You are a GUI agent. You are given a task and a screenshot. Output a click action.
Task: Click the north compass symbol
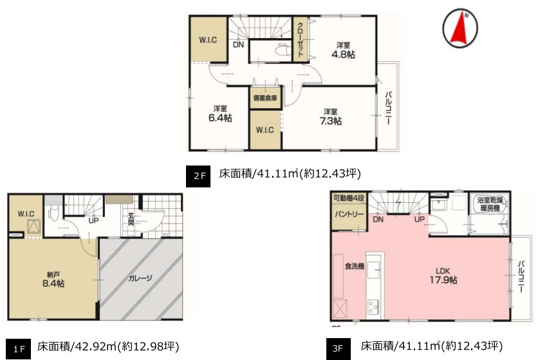pyautogui.click(x=460, y=28)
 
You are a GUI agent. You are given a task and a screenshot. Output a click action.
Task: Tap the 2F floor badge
pyautogui.click(x=198, y=176)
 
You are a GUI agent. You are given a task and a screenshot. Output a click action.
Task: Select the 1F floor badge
pyautogui.click(x=19, y=349)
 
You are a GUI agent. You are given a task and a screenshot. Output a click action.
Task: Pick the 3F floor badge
pyautogui.click(x=339, y=348)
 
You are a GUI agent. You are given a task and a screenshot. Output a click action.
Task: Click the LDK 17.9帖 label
pyautogui.click(x=443, y=276)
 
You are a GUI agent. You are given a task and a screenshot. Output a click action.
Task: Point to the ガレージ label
pyautogui.click(x=140, y=278)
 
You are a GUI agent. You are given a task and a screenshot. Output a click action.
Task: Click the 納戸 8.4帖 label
pyautogui.click(x=53, y=279)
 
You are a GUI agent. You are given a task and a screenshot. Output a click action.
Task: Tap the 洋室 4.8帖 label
pyautogui.click(x=343, y=50)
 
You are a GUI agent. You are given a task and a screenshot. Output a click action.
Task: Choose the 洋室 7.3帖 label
pyautogui.click(x=331, y=117)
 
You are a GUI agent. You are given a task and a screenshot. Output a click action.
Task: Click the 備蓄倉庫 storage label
pyautogui.click(x=265, y=98)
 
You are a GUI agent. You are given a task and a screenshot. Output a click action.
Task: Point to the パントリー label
pyautogui.click(x=349, y=214)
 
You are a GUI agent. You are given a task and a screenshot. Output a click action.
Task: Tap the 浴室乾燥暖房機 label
pyautogui.click(x=490, y=204)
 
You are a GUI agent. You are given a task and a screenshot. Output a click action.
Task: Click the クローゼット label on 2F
pyautogui.click(x=301, y=40)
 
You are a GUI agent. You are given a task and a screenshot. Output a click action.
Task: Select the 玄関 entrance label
pyautogui.click(x=131, y=220)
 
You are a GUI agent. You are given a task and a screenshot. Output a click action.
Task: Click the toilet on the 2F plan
pyautogui.click(x=283, y=50)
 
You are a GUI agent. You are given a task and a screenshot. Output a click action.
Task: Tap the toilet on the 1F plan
pyautogui.click(x=52, y=213)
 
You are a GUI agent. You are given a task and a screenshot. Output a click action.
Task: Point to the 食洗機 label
pyautogui.click(x=355, y=266)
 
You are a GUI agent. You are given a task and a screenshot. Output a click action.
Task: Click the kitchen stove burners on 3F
pyautogui.click(x=373, y=307)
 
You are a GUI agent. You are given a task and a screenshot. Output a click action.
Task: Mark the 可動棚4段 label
pyautogui.click(x=348, y=198)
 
